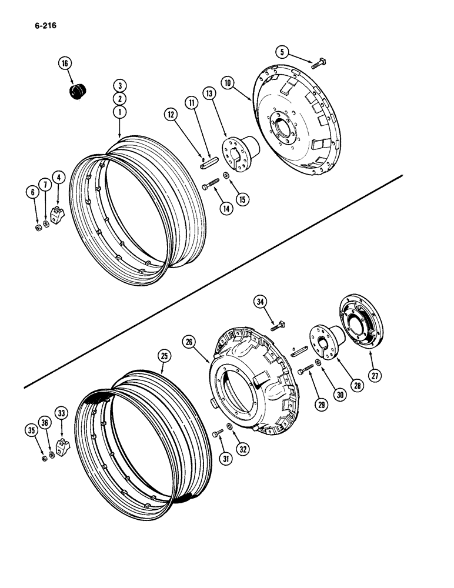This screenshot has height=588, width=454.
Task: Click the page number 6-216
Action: (x=38, y=26)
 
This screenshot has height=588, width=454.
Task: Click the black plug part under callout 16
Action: (x=76, y=92)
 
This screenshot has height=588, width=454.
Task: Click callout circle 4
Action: (x=58, y=176)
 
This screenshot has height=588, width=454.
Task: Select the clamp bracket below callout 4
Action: (x=57, y=216)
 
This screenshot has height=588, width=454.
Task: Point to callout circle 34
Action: (x=261, y=302)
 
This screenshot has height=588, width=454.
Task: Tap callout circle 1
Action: (x=119, y=111)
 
